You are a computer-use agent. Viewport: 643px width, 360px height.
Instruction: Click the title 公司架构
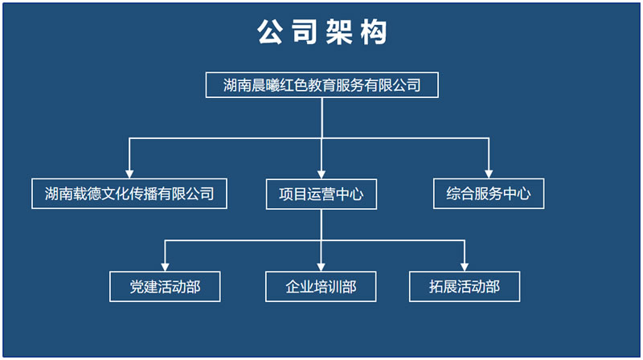click(x=322, y=32)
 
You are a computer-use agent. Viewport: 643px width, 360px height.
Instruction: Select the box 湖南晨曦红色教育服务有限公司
click(x=322, y=85)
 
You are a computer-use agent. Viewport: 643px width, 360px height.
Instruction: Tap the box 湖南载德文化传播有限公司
click(x=129, y=194)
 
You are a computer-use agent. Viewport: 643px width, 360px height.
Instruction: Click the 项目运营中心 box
click(x=321, y=194)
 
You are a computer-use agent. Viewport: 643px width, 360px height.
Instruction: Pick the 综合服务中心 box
click(x=489, y=194)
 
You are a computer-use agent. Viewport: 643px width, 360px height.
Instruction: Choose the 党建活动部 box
click(x=165, y=287)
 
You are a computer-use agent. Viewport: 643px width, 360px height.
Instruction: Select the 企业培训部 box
click(x=321, y=287)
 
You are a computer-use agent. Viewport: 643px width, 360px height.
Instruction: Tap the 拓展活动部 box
click(x=465, y=287)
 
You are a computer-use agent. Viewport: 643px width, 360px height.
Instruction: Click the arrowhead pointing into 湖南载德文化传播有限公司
click(x=129, y=174)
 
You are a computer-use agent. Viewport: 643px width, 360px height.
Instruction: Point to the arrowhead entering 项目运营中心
click(x=321, y=174)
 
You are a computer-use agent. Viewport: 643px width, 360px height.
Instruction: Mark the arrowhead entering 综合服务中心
click(x=489, y=174)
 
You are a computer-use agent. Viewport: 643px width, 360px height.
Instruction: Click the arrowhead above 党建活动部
click(x=165, y=268)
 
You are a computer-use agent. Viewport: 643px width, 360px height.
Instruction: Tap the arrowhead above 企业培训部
click(x=321, y=268)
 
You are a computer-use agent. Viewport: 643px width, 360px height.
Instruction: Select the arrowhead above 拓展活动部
click(x=465, y=268)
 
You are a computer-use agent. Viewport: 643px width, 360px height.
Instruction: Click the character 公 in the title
click(x=270, y=32)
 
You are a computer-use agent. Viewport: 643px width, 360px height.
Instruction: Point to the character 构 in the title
click(x=374, y=32)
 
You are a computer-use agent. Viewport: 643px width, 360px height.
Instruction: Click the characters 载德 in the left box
click(x=87, y=194)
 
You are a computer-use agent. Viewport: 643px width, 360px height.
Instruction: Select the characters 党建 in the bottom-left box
click(x=144, y=287)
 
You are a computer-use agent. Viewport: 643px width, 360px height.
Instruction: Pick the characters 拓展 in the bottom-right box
click(x=443, y=287)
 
